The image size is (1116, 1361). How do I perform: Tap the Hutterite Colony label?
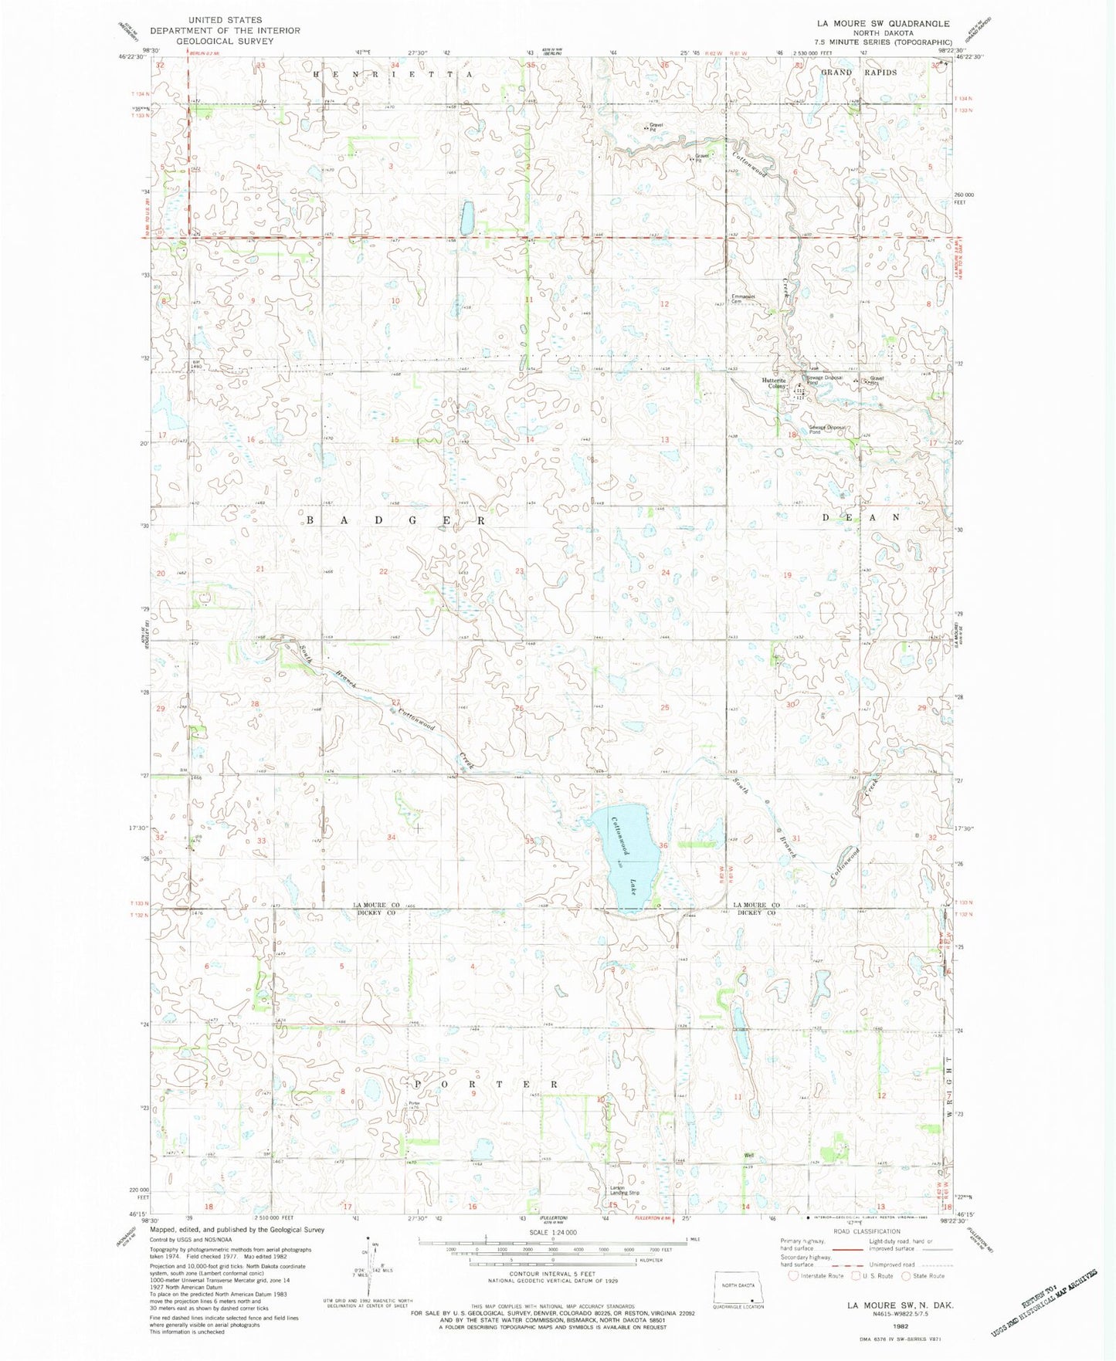click(x=774, y=383)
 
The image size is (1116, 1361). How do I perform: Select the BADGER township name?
click(x=395, y=520)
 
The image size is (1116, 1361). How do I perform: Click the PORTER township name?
click(x=485, y=1084)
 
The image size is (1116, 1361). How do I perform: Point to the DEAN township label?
click(x=861, y=517)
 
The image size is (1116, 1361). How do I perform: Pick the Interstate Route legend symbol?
click(x=793, y=1275)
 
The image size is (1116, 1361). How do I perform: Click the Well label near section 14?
click(x=748, y=1156)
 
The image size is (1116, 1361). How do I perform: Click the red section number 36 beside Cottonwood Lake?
click(x=663, y=846)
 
